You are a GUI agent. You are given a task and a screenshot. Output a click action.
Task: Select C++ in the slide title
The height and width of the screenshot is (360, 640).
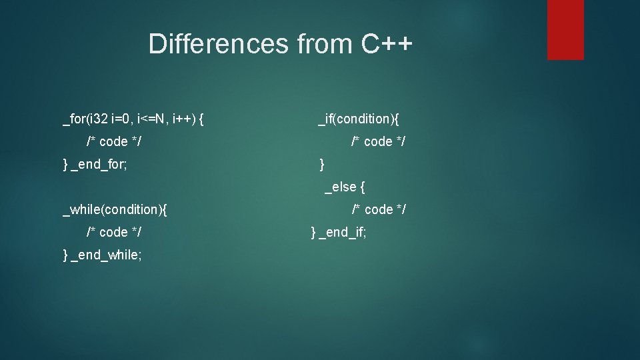387,44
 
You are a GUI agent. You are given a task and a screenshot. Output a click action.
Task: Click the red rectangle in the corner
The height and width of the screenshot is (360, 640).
565,29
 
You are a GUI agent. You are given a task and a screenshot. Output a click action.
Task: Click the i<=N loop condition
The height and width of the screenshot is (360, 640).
152,119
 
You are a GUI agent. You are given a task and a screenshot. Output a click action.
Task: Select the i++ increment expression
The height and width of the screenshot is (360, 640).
183,119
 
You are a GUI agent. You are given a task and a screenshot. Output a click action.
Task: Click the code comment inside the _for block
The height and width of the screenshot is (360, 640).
113,142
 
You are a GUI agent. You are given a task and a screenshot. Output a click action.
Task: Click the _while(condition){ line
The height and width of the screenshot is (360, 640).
115,210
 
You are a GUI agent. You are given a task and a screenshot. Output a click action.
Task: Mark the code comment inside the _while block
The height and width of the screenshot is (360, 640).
113,233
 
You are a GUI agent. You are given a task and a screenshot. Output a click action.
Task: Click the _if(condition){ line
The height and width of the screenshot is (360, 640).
359,119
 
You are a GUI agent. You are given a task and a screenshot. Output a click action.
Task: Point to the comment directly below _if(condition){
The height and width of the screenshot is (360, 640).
378,142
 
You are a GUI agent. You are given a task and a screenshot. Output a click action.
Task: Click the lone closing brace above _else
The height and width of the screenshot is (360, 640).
322,164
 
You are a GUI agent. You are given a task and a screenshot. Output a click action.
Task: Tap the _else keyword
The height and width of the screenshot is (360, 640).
340,187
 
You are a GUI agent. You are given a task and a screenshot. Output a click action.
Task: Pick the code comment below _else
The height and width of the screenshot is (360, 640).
378,210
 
